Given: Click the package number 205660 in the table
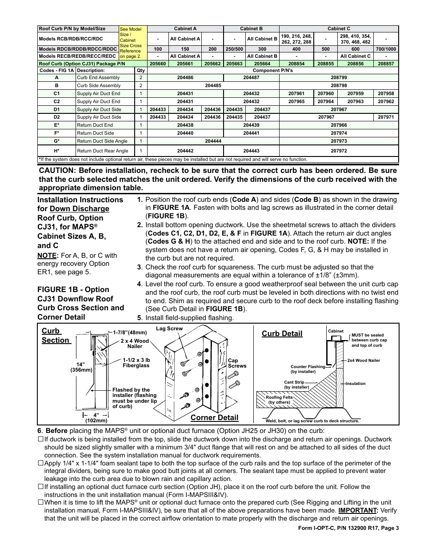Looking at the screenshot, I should click(158, 64).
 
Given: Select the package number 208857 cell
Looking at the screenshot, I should click(386, 64).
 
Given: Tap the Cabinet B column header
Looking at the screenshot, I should click(251, 28).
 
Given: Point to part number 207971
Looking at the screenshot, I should click(386, 117).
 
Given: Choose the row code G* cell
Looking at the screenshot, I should click(56, 141).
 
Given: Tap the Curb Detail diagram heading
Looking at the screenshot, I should click(282, 333).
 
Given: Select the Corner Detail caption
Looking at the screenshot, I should click(214, 417).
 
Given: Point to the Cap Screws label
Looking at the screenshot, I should click(237, 363).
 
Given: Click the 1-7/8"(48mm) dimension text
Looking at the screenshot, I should click(129, 332).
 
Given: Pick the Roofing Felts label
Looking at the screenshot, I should click(279, 400).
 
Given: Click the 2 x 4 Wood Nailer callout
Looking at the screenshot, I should click(135, 344).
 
